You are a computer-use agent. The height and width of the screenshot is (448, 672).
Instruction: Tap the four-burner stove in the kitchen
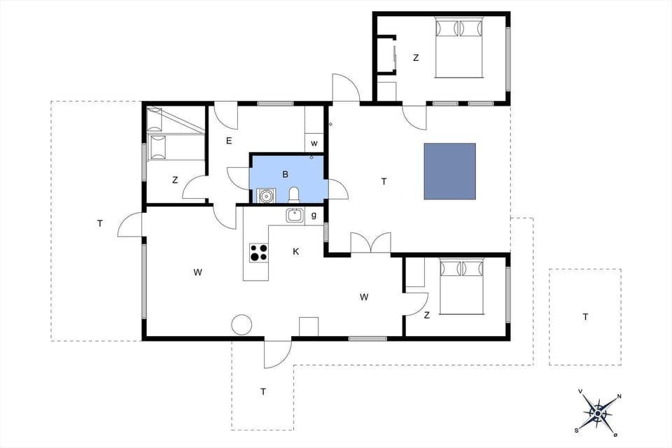(258, 252)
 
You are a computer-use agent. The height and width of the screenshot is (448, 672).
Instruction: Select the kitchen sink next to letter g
(295, 216)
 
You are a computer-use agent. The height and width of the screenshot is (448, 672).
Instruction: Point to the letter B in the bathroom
(285, 174)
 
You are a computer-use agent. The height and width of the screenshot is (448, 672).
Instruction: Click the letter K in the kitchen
(296, 251)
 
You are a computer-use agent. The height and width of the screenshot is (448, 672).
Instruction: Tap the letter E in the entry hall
(229, 141)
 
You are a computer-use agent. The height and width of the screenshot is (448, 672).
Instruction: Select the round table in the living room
(241, 325)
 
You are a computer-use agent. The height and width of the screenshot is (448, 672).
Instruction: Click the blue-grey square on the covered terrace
(449, 171)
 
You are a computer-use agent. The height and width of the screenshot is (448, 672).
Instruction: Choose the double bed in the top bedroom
(459, 48)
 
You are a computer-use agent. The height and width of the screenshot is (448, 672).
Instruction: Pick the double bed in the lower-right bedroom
(461, 286)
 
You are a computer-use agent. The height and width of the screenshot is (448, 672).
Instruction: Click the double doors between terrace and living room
(370, 244)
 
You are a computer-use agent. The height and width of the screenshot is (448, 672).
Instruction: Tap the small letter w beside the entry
(314, 144)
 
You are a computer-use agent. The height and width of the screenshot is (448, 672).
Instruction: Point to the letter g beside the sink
(314, 216)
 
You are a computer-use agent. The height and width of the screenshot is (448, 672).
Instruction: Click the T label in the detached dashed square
(585, 317)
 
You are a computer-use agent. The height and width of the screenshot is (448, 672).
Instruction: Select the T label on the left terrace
(100, 224)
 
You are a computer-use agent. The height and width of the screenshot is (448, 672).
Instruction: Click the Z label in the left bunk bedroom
(175, 181)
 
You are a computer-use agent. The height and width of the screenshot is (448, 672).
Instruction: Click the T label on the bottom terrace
(263, 392)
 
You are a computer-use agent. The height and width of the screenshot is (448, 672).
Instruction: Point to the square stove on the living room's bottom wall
(309, 326)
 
